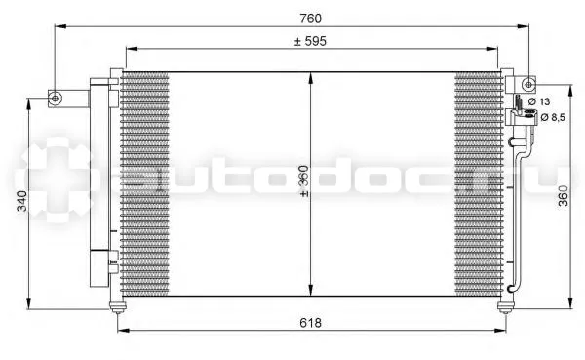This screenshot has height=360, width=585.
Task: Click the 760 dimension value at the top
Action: (x=310, y=18)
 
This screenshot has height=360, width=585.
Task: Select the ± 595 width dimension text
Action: (x=310, y=41)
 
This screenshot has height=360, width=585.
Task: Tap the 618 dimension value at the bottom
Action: (x=310, y=323)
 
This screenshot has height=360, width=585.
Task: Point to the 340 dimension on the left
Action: (x=22, y=201)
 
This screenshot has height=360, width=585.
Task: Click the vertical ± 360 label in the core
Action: (x=304, y=181)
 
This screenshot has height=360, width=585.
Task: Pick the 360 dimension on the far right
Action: (x=564, y=196)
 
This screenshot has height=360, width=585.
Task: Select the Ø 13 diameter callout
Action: (x=539, y=101)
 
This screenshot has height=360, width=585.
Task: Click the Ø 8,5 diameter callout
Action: (x=553, y=118)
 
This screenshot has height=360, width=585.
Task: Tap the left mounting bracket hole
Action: (x=56, y=99)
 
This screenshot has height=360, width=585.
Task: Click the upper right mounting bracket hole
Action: (x=528, y=85)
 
